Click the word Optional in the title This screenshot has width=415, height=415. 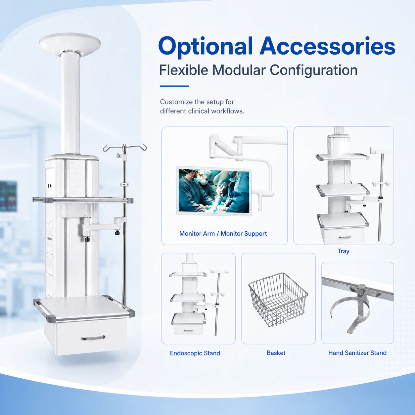(205, 47)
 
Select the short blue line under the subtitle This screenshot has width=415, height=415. (174, 86)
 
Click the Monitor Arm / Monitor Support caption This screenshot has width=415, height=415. (223, 233)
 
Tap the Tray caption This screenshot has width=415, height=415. (343, 251)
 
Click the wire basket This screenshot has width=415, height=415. (278, 300)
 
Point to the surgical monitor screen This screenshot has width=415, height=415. (214, 191)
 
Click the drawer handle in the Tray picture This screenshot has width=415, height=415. (345, 237)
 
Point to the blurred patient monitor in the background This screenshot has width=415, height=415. (8, 196)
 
